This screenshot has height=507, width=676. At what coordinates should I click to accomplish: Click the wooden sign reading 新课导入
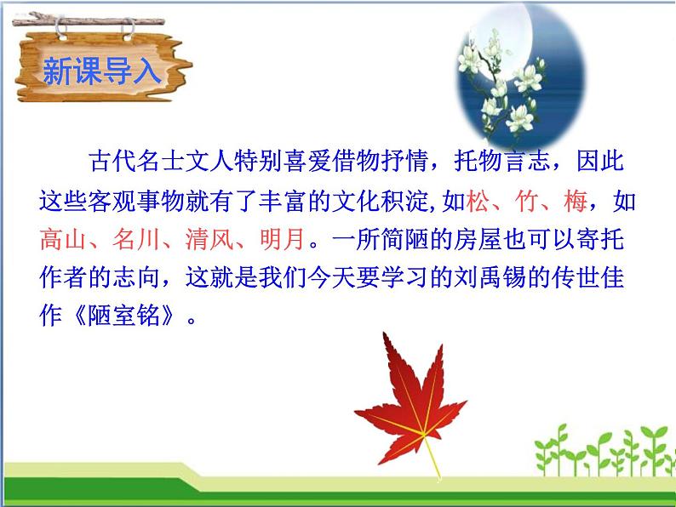tap(100, 71)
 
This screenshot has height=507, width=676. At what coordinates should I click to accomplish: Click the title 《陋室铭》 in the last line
tap(124, 319)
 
